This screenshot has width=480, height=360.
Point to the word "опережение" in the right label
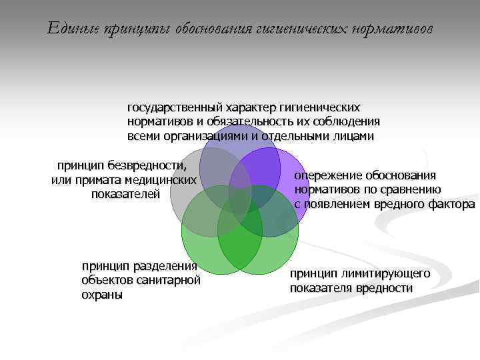click(327, 175)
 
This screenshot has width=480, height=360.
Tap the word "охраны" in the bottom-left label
click(102, 295)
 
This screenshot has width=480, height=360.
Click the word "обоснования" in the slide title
click(213, 29)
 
